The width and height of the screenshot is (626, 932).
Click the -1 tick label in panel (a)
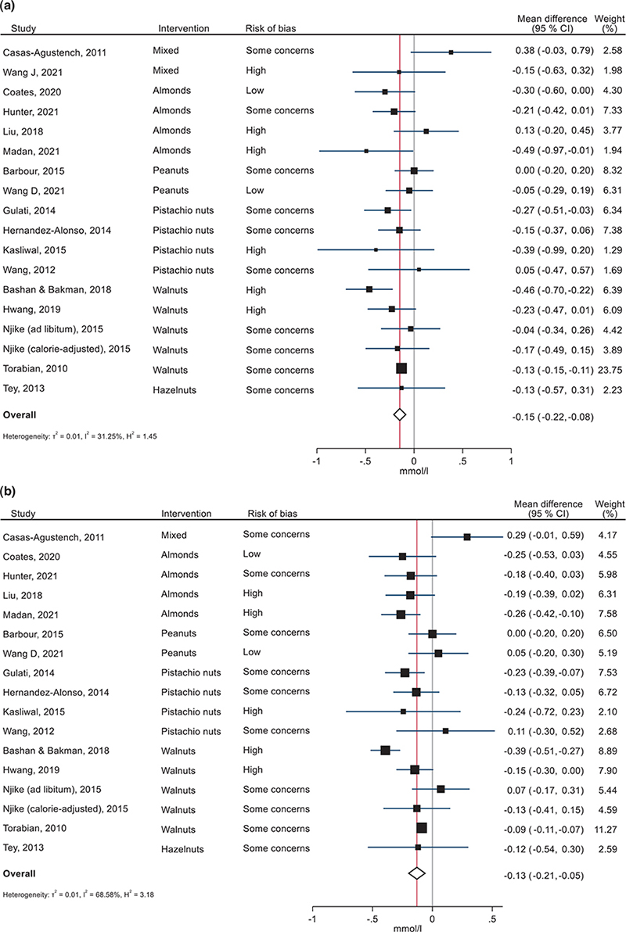pos(316,462)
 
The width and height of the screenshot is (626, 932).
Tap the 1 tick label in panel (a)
pos(510,462)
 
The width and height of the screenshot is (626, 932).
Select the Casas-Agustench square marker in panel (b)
pos(467,537)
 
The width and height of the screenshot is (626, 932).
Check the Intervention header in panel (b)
pos(185,513)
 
